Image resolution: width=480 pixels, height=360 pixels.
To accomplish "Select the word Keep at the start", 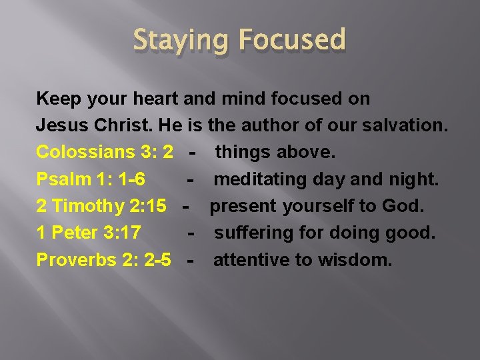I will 57,99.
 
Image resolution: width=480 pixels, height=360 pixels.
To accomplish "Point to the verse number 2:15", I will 147,206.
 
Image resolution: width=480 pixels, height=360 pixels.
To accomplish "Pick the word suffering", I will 253,233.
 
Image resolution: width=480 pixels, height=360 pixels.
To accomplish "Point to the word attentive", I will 244,259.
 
